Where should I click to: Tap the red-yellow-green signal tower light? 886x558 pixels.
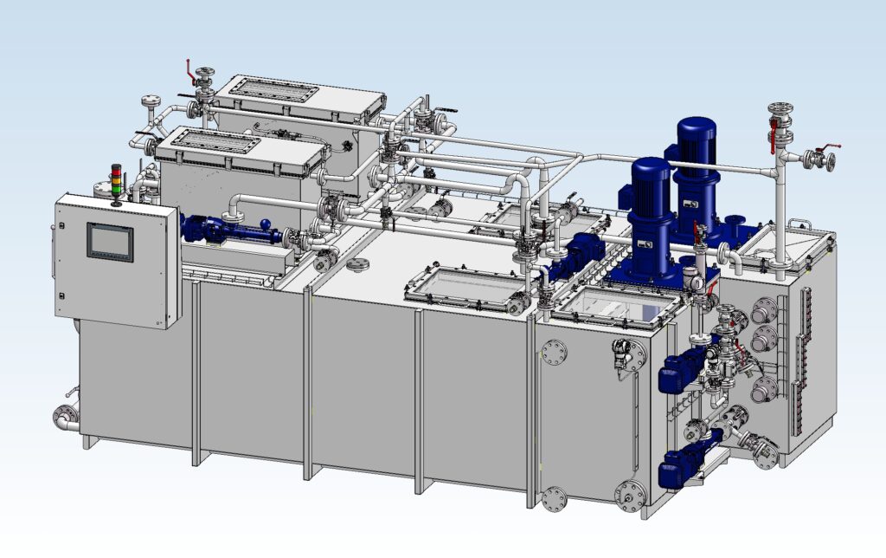(116, 181)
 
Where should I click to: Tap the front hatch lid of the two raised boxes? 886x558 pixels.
(241, 148)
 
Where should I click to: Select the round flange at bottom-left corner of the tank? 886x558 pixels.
(63, 417)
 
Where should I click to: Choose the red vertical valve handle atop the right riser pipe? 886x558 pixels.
(772, 131)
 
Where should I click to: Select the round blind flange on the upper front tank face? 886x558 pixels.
(553, 351)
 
